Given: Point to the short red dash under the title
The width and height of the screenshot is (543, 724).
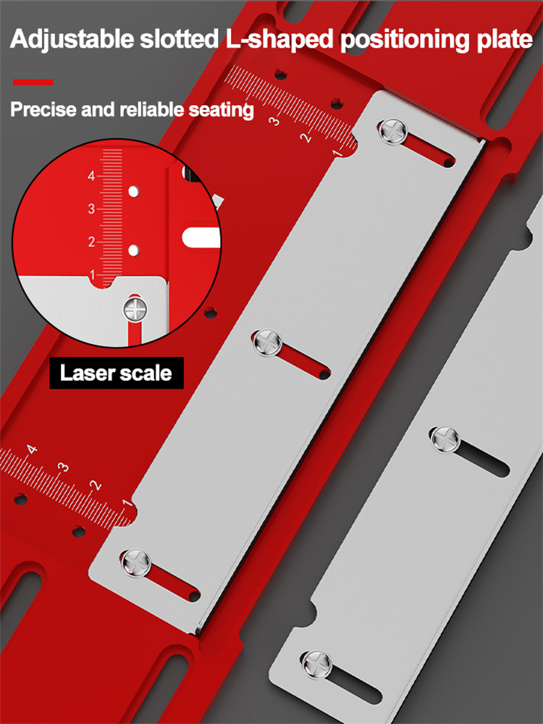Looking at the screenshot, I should coord(33,83).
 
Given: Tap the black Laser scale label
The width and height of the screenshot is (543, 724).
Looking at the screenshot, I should coord(116,374).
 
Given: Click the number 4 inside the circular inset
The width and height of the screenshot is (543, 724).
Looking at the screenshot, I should coord(92,176).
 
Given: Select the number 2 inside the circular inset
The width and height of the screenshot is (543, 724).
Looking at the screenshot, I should coord(92,242).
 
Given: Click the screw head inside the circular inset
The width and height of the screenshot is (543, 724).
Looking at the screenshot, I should coord(135,310).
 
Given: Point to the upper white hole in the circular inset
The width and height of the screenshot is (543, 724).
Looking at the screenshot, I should coord(133,192).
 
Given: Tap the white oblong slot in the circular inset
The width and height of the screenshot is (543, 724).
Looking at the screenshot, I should coord(202,235).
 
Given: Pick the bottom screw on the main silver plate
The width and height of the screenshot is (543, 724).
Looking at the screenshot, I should coord(135,562).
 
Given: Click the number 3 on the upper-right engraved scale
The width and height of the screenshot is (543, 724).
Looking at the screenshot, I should coord(274,121).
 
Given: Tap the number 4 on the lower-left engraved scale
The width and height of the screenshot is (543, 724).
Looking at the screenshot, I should coord(31,450).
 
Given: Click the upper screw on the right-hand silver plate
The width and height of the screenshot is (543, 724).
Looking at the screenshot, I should coord(445,437).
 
